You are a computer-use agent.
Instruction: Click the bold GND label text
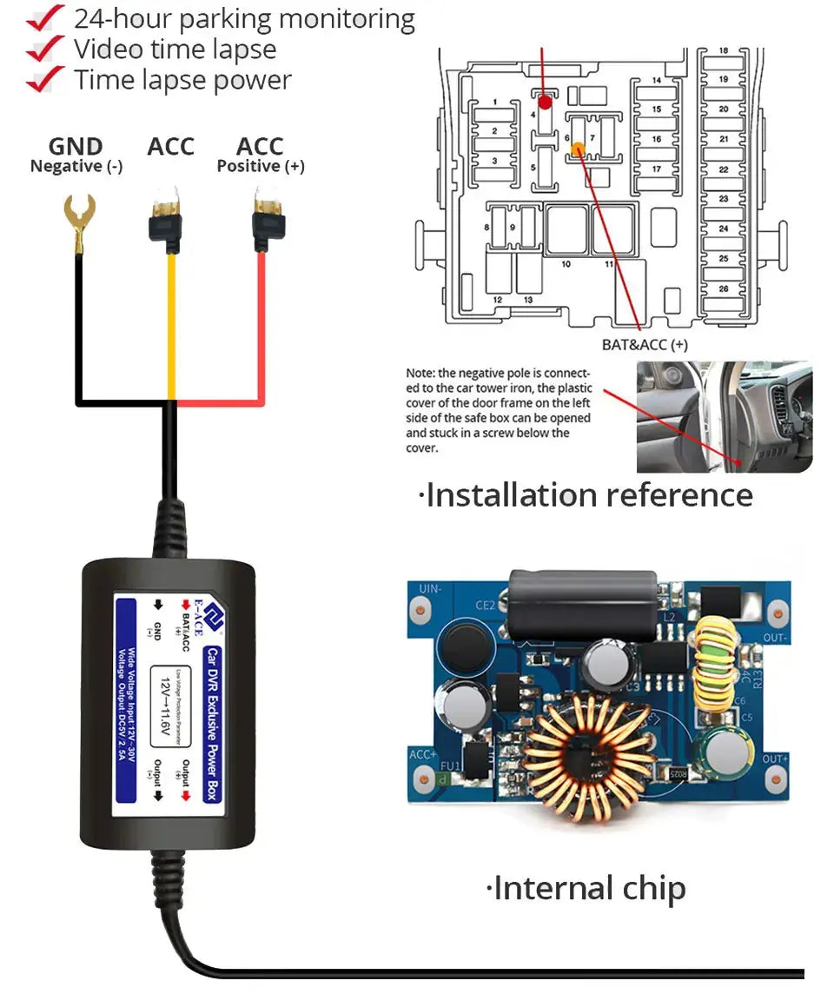[x=76, y=147]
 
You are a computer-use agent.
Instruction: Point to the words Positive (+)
[x=261, y=166]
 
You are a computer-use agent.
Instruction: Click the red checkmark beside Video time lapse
[x=44, y=50]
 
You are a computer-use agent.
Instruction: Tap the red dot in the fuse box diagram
[x=545, y=103]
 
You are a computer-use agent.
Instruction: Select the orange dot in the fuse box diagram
[x=577, y=149]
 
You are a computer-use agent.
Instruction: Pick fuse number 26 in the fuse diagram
[x=723, y=288]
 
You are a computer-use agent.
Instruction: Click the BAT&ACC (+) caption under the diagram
[x=645, y=345]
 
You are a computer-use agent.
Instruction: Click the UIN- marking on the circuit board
[x=431, y=588]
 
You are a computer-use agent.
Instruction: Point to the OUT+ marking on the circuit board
[x=774, y=758]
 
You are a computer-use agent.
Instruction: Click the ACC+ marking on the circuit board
[x=422, y=754]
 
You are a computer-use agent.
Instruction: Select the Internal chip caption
[x=587, y=888]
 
